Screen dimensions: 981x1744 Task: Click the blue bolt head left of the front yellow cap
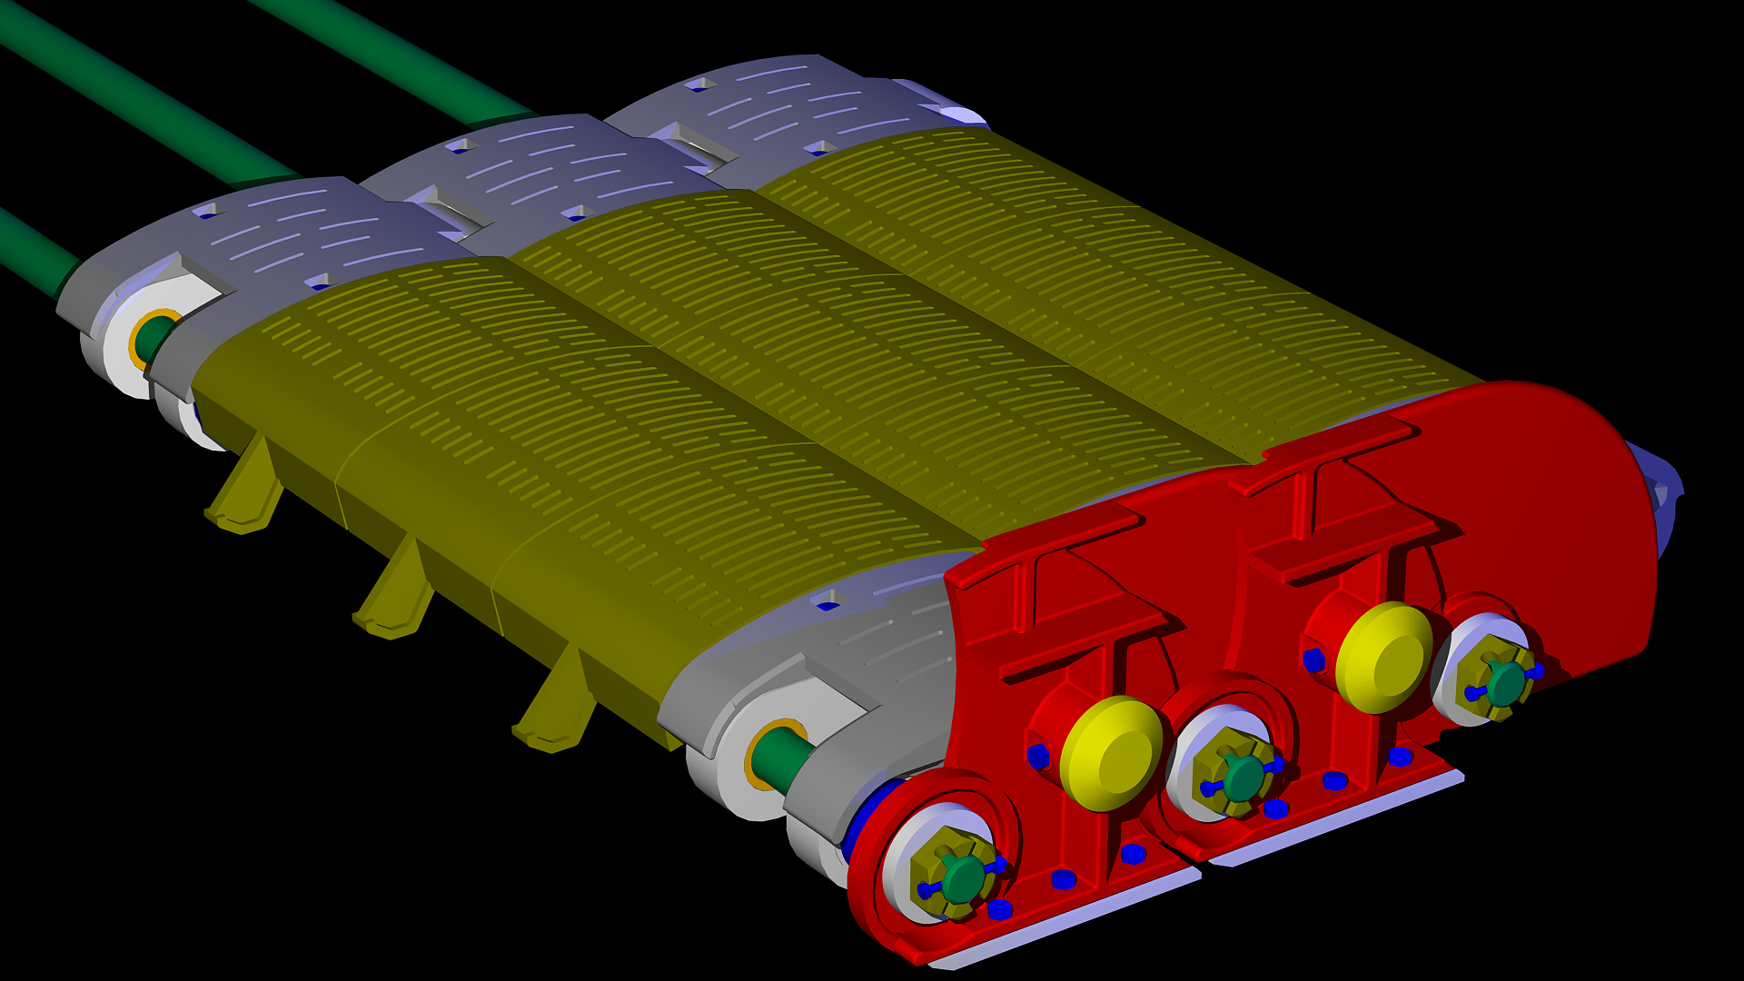1038,756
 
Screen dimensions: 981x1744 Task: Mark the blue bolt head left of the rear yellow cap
1313,660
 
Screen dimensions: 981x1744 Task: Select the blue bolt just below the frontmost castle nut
1000,909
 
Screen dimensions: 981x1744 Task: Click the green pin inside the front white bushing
781,759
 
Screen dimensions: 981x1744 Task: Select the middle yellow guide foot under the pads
396,595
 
